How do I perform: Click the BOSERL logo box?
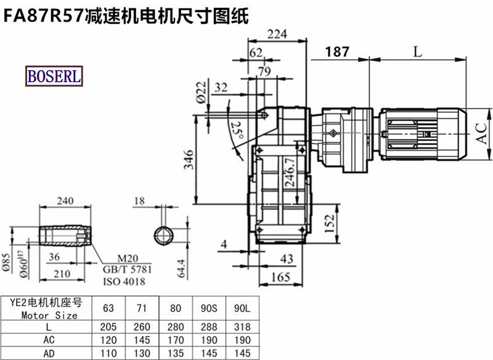click(54, 76)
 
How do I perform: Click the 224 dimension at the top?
click(277, 34)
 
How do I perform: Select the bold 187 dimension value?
click(337, 52)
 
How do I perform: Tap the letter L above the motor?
click(418, 52)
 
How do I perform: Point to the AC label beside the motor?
click(482, 134)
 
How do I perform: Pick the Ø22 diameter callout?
click(202, 92)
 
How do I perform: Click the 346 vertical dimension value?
click(189, 160)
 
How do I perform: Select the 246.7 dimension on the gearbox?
click(290, 172)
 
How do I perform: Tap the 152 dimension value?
click(330, 224)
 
